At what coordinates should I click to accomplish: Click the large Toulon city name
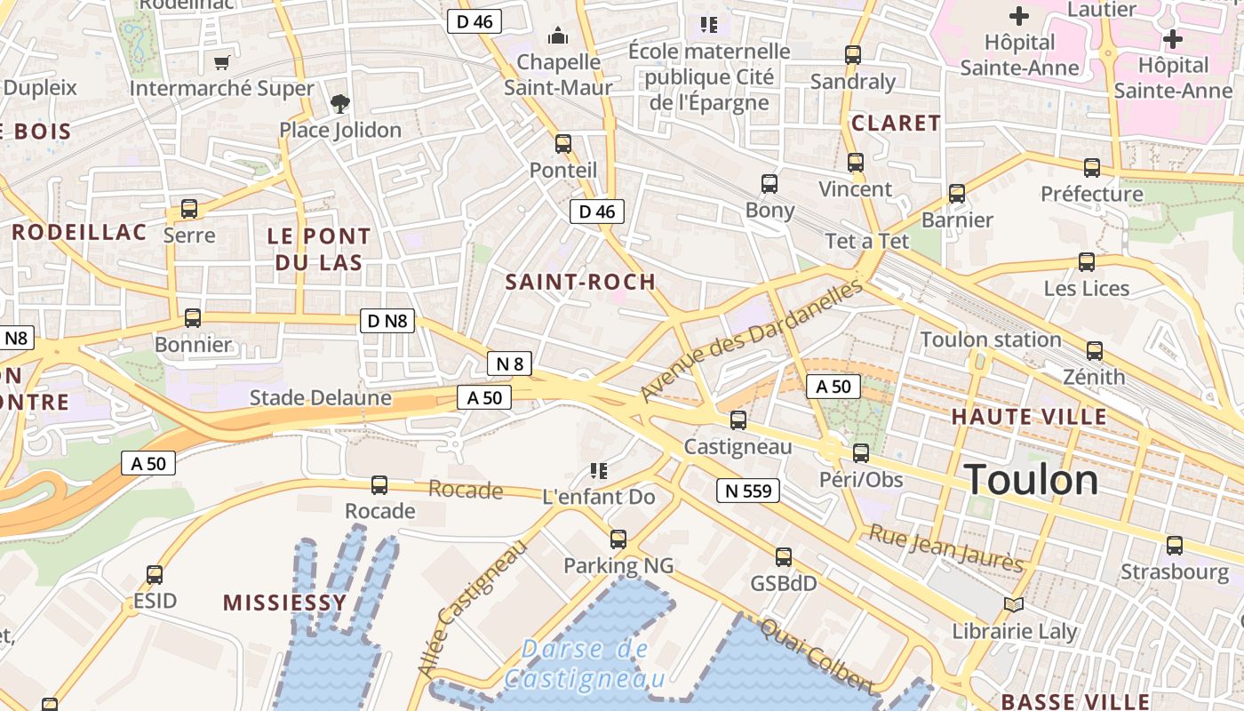click(x=1031, y=480)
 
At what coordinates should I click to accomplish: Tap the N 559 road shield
click(x=747, y=491)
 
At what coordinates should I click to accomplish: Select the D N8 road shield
click(x=387, y=321)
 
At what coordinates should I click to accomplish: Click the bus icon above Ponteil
click(x=563, y=144)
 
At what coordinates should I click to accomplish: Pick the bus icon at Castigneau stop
click(x=738, y=420)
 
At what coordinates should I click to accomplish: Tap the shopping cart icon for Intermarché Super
click(x=222, y=63)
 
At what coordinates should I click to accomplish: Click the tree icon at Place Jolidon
click(x=339, y=105)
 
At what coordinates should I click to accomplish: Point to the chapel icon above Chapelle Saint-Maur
click(x=558, y=36)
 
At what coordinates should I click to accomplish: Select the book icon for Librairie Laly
click(x=1014, y=605)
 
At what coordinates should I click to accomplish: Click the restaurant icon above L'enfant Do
click(x=598, y=470)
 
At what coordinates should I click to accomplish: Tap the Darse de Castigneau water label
click(x=585, y=664)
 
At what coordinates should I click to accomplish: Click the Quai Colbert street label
click(x=816, y=654)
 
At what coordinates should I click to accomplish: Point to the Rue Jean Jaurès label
click(x=945, y=548)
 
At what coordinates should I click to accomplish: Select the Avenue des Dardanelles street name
click(x=751, y=340)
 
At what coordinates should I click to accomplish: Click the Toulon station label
click(x=991, y=340)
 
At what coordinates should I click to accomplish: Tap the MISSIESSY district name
click(x=284, y=603)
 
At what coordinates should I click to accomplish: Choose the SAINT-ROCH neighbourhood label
click(x=580, y=282)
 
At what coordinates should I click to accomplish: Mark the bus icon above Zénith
click(x=1094, y=351)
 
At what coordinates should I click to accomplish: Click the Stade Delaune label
click(x=320, y=397)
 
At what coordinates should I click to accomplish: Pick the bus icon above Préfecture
click(x=1091, y=168)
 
